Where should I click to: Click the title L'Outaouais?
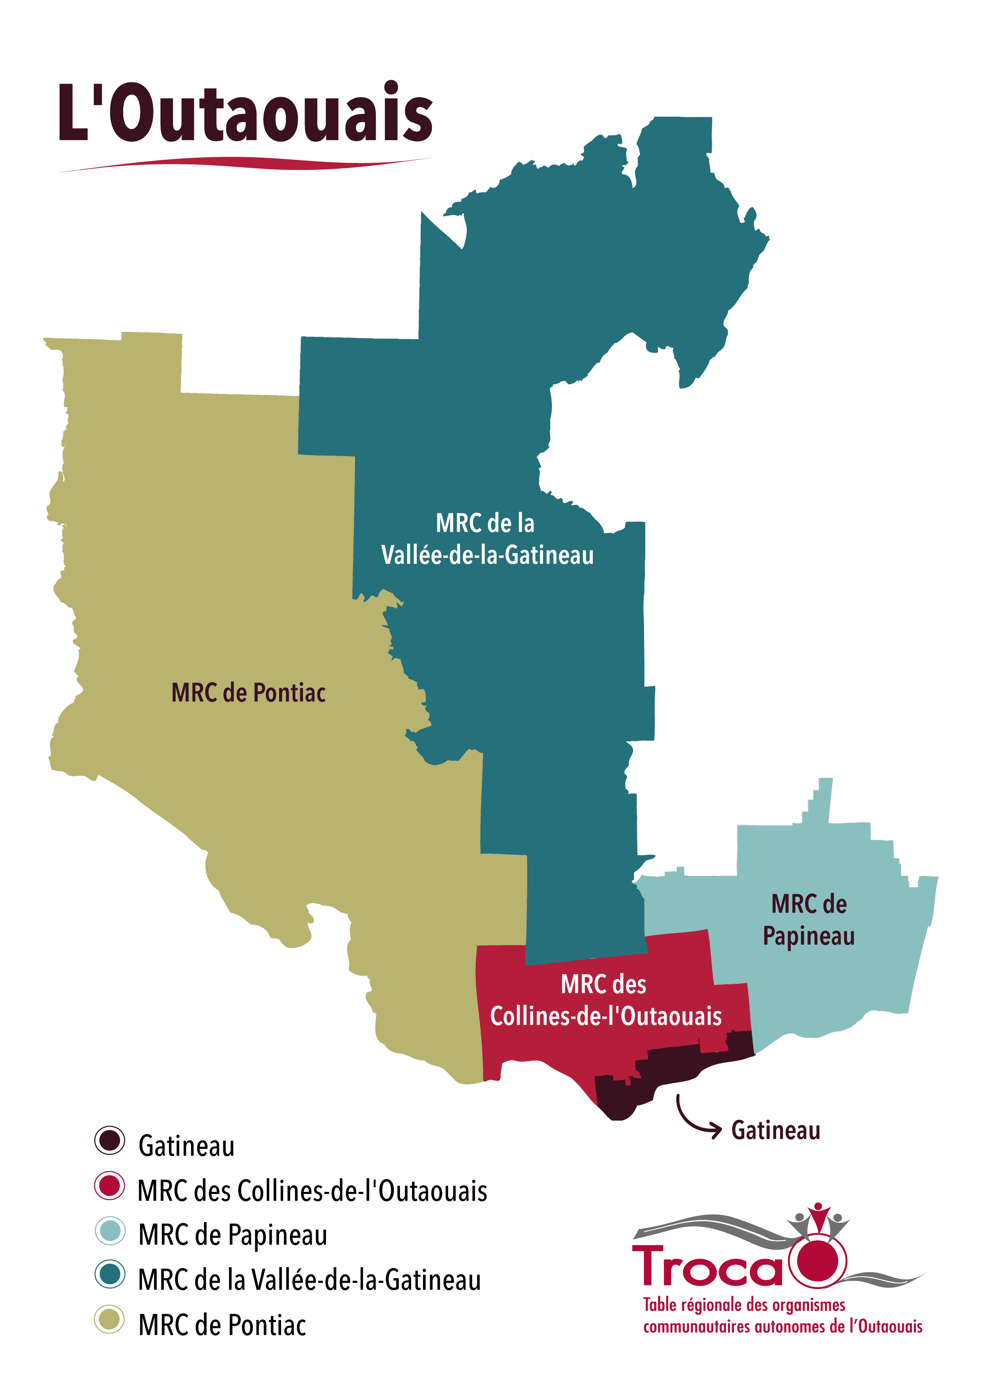[x=245, y=113]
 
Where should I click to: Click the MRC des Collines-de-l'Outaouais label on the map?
[x=605, y=1000]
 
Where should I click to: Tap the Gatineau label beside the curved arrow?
[x=775, y=1130]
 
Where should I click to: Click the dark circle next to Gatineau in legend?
[x=109, y=1141]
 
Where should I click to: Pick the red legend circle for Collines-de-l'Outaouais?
[x=109, y=1185]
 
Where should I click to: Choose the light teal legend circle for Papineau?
[x=109, y=1230]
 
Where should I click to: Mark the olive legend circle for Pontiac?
[x=109, y=1319]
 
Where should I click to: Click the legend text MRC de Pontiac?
[x=222, y=1326]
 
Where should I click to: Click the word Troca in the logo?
[x=708, y=1267]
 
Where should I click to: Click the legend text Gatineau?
[x=186, y=1146]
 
